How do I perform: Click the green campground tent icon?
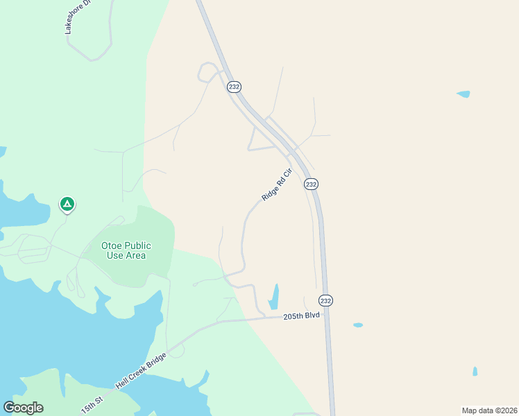click(67, 204)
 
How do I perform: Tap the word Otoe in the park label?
click(114, 245)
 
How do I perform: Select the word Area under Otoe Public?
click(135, 255)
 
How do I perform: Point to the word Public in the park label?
click(139, 245)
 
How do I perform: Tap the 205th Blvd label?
click(302, 316)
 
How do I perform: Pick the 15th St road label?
click(92, 405)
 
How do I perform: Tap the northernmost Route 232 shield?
click(234, 87)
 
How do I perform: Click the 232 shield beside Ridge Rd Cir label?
click(311, 184)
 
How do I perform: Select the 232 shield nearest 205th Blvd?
click(326, 300)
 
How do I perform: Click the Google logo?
click(23, 408)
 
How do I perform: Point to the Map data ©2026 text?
click(489, 410)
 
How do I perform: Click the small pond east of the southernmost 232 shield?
click(358, 324)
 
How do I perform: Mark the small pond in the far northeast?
click(463, 94)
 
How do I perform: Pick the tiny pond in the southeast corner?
click(475, 371)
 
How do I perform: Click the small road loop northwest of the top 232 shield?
click(207, 71)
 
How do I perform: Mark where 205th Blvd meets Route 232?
click(327, 317)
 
